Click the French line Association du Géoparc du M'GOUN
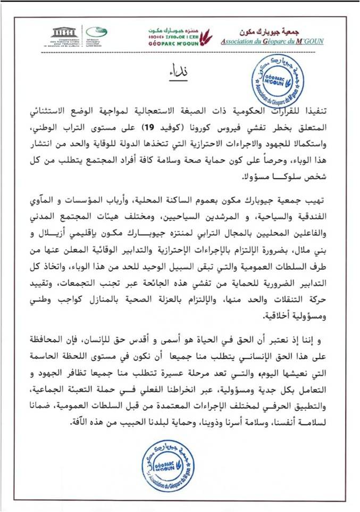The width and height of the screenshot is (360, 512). (x=271, y=41)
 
